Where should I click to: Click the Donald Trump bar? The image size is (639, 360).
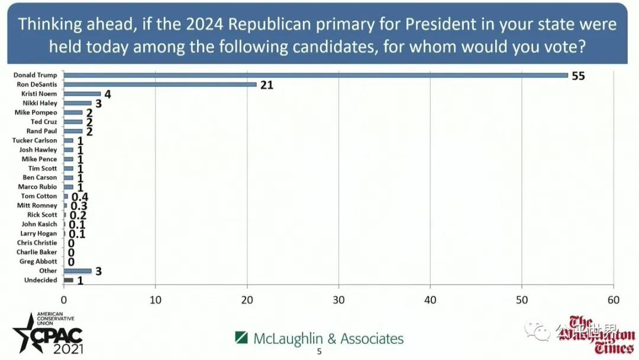tap(315, 75)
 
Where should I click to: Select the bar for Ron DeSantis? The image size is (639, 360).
tap(160, 85)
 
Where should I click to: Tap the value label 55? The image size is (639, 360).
tap(578, 76)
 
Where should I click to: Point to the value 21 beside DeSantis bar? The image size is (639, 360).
tap(266, 85)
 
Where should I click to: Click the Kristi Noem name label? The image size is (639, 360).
tap(40, 94)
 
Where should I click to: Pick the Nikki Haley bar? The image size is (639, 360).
tap(78, 103)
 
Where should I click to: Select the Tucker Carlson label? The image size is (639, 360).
tap(35, 140)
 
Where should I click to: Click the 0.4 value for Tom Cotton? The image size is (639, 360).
tap(80, 197)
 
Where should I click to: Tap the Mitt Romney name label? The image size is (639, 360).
tap(37, 205)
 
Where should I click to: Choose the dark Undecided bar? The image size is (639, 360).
tap(69, 280)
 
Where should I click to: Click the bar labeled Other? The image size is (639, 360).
tap(78, 271)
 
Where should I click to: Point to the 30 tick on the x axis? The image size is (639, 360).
tap(338, 300)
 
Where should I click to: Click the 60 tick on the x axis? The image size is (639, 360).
tap(614, 300)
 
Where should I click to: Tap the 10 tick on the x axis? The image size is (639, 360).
tap(155, 300)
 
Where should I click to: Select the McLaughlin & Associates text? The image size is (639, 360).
tap(328, 339)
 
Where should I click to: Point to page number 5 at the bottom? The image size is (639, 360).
tap(319, 352)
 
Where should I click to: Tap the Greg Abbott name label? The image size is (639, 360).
tap(38, 262)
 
